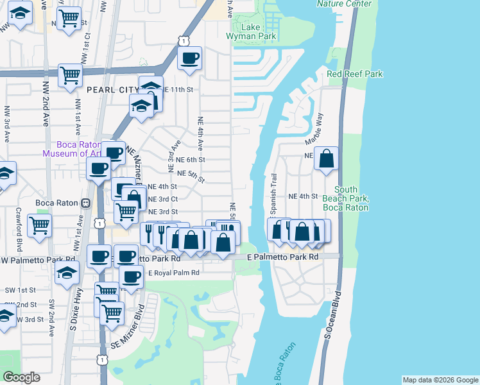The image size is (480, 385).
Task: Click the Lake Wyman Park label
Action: [x=250, y=32]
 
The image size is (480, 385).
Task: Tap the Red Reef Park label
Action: [x=355, y=74]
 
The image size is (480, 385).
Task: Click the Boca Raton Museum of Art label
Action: [x=71, y=148]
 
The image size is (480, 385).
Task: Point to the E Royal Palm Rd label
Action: [x=174, y=273]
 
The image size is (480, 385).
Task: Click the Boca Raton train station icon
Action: [x=85, y=203]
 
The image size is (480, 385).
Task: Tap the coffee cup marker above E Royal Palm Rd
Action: [x=132, y=277]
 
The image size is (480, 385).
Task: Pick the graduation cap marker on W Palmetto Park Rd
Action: [x=67, y=273]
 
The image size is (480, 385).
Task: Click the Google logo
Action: [x=21, y=377]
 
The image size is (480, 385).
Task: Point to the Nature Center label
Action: [x=344, y=4]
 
